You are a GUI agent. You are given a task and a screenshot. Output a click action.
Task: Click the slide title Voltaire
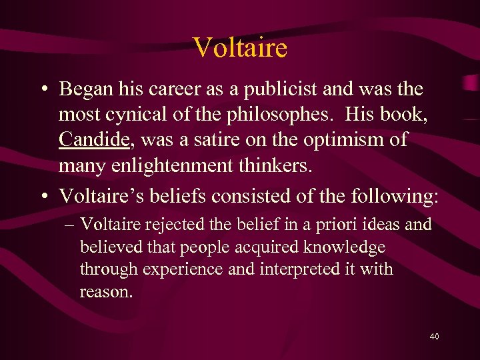tap(240, 47)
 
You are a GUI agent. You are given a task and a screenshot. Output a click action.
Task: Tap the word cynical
tap(139, 114)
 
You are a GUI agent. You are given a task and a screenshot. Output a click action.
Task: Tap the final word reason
tap(105, 291)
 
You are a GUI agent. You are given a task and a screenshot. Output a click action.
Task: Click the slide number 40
tap(434, 337)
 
